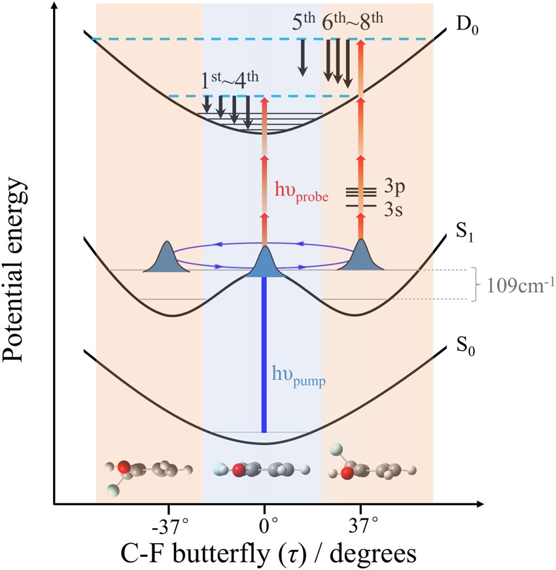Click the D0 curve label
coord(466,29)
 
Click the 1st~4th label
coord(230,83)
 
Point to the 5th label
coord(304,24)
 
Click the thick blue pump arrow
coord(264,353)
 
